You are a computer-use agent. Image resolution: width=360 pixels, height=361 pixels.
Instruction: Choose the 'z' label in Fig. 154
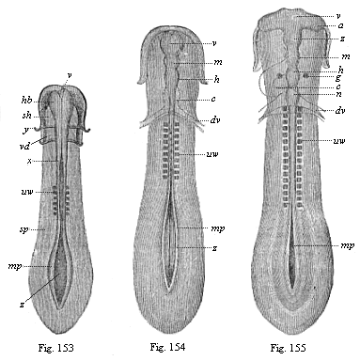click(216, 248)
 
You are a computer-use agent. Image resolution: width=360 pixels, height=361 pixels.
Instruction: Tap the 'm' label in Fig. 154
click(216, 63)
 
